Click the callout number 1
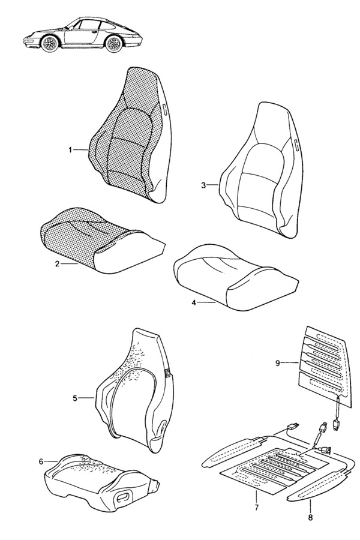[x=70, y=150]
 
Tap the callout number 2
[x=57, y=264]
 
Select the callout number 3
[x=203, y=185]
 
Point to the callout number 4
[x=194, y=303]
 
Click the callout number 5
[x=75, y=398]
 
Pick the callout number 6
[x=41, y=461]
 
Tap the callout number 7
[x=256, y=508]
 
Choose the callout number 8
[x=310, y=518]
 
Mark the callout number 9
[x=278, y=363]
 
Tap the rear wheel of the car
[x=113, y=44]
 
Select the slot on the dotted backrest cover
[x=164, y=109]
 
